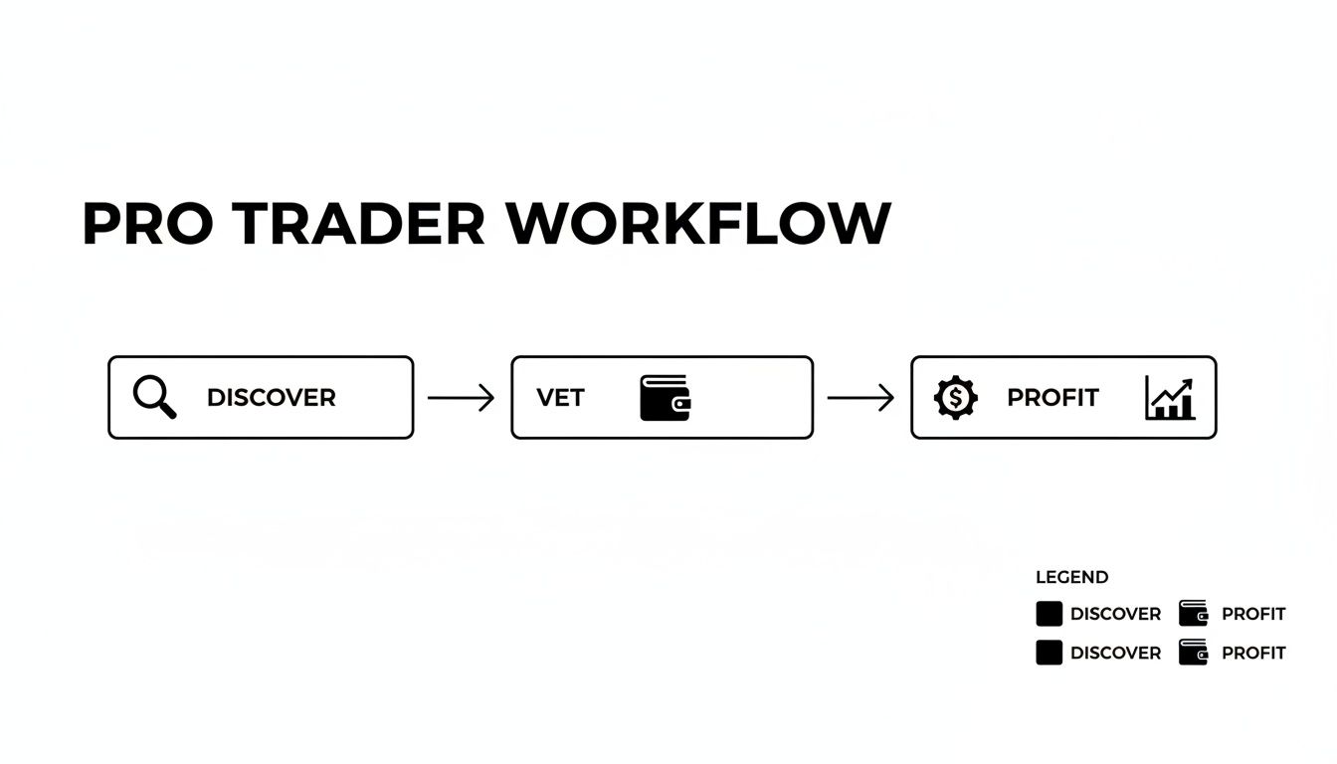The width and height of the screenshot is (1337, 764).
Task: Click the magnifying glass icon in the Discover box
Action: [153, 397]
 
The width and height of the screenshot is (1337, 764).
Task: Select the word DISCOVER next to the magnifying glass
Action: [271, 398]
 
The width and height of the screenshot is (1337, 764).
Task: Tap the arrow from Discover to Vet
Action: [461, 398]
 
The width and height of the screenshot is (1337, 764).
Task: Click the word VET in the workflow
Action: [560, 398]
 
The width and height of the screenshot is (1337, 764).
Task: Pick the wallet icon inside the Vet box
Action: [665, 398]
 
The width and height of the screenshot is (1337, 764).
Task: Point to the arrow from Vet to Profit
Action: [860, 398]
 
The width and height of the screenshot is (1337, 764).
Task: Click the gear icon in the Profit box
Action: [956, 398]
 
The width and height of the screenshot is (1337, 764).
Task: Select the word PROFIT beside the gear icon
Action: [1052, 398]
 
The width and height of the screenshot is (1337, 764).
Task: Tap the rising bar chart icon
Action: [1170, 398]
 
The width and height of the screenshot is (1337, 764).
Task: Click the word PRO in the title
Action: [147, 224]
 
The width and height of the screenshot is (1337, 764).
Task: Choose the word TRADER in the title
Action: [361, 224]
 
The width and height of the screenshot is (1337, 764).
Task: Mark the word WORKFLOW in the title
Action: [698, 224]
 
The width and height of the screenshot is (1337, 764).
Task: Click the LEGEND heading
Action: [1071, 577]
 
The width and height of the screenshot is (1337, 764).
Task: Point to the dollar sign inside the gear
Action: [956, 398]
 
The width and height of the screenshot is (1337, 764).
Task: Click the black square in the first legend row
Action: [1049, 614]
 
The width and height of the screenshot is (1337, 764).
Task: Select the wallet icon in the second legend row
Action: [1193, 653]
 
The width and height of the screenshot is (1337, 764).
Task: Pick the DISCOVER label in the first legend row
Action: [1115, 615]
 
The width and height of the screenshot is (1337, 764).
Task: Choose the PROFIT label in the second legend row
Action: [1253, 654]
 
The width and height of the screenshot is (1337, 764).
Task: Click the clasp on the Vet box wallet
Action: [680, 405]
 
